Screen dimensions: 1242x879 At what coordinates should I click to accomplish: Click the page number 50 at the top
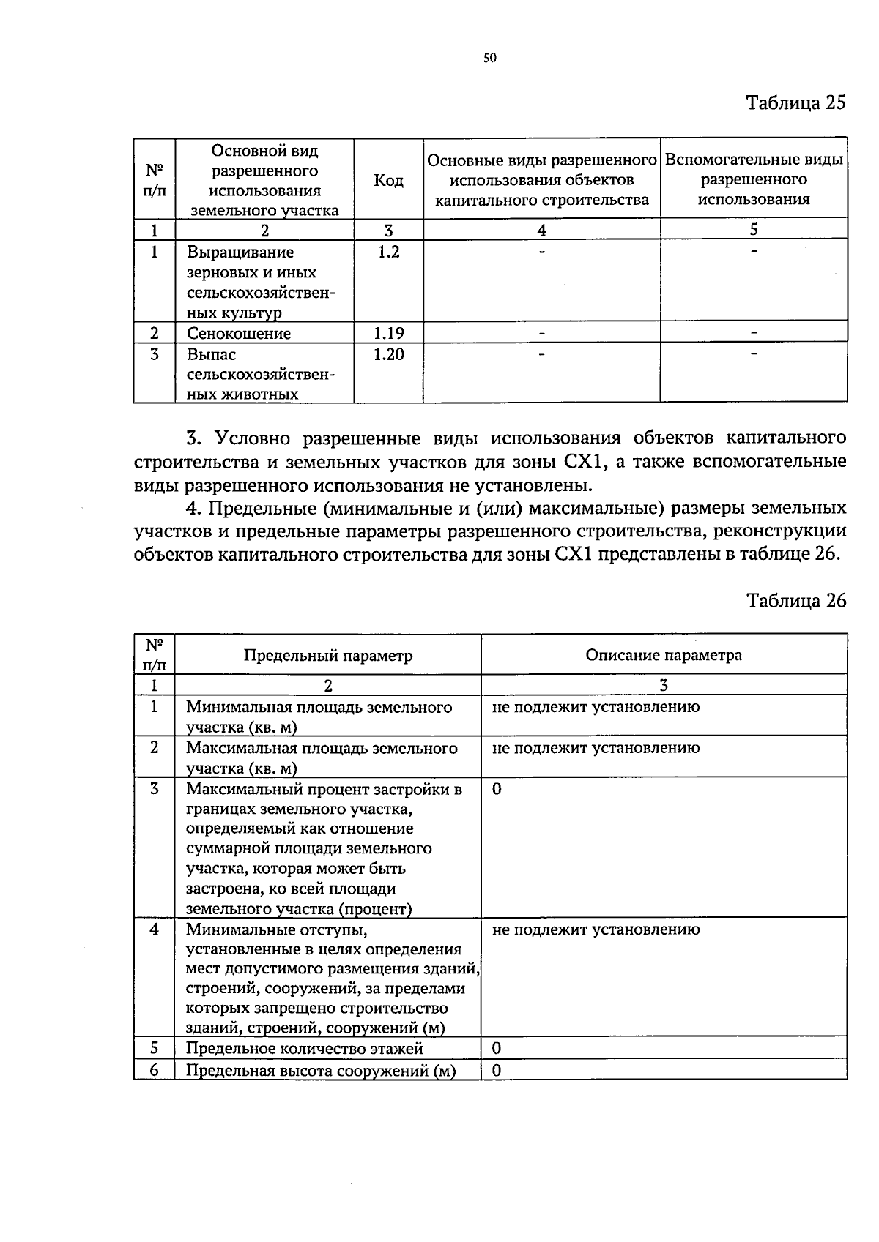(x=490, y=59)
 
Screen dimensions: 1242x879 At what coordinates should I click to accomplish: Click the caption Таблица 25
(x=795, y=102)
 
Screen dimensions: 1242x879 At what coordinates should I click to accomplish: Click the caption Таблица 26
(x=795, y=601)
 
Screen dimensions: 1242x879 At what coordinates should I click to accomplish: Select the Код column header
(x=388, y=180)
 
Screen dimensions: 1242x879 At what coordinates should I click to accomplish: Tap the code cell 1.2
(x=388, y=252)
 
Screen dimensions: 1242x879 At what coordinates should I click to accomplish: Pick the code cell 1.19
(x=388, y=334)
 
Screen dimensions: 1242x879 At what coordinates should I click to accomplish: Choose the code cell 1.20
(x=388, y=355)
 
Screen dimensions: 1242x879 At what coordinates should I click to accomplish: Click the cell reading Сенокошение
(x=239, y=334)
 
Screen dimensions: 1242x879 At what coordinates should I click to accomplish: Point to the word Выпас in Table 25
(x=211, y=355)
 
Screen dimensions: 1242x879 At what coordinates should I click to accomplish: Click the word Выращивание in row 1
(x=240, y=252)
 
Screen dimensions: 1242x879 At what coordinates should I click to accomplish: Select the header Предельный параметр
(x=327, y=656)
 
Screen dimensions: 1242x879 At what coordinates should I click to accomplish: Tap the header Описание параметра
(x=663, y=655)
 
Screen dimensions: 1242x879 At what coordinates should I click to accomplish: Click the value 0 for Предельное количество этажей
(x=497, y=1048)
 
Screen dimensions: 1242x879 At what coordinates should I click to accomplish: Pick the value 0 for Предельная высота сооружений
(x=497, y=1070)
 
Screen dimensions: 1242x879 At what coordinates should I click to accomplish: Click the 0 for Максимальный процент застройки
(x=497, y=789)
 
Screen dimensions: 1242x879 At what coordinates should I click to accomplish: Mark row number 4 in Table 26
(x=154, y=929)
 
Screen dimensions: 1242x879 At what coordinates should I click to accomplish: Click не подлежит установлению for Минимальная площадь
(x=596, y=707)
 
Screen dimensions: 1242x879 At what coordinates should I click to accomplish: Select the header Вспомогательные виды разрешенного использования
(x=753, y=180)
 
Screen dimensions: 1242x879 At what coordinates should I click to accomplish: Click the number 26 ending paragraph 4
(x=825, y=553)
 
